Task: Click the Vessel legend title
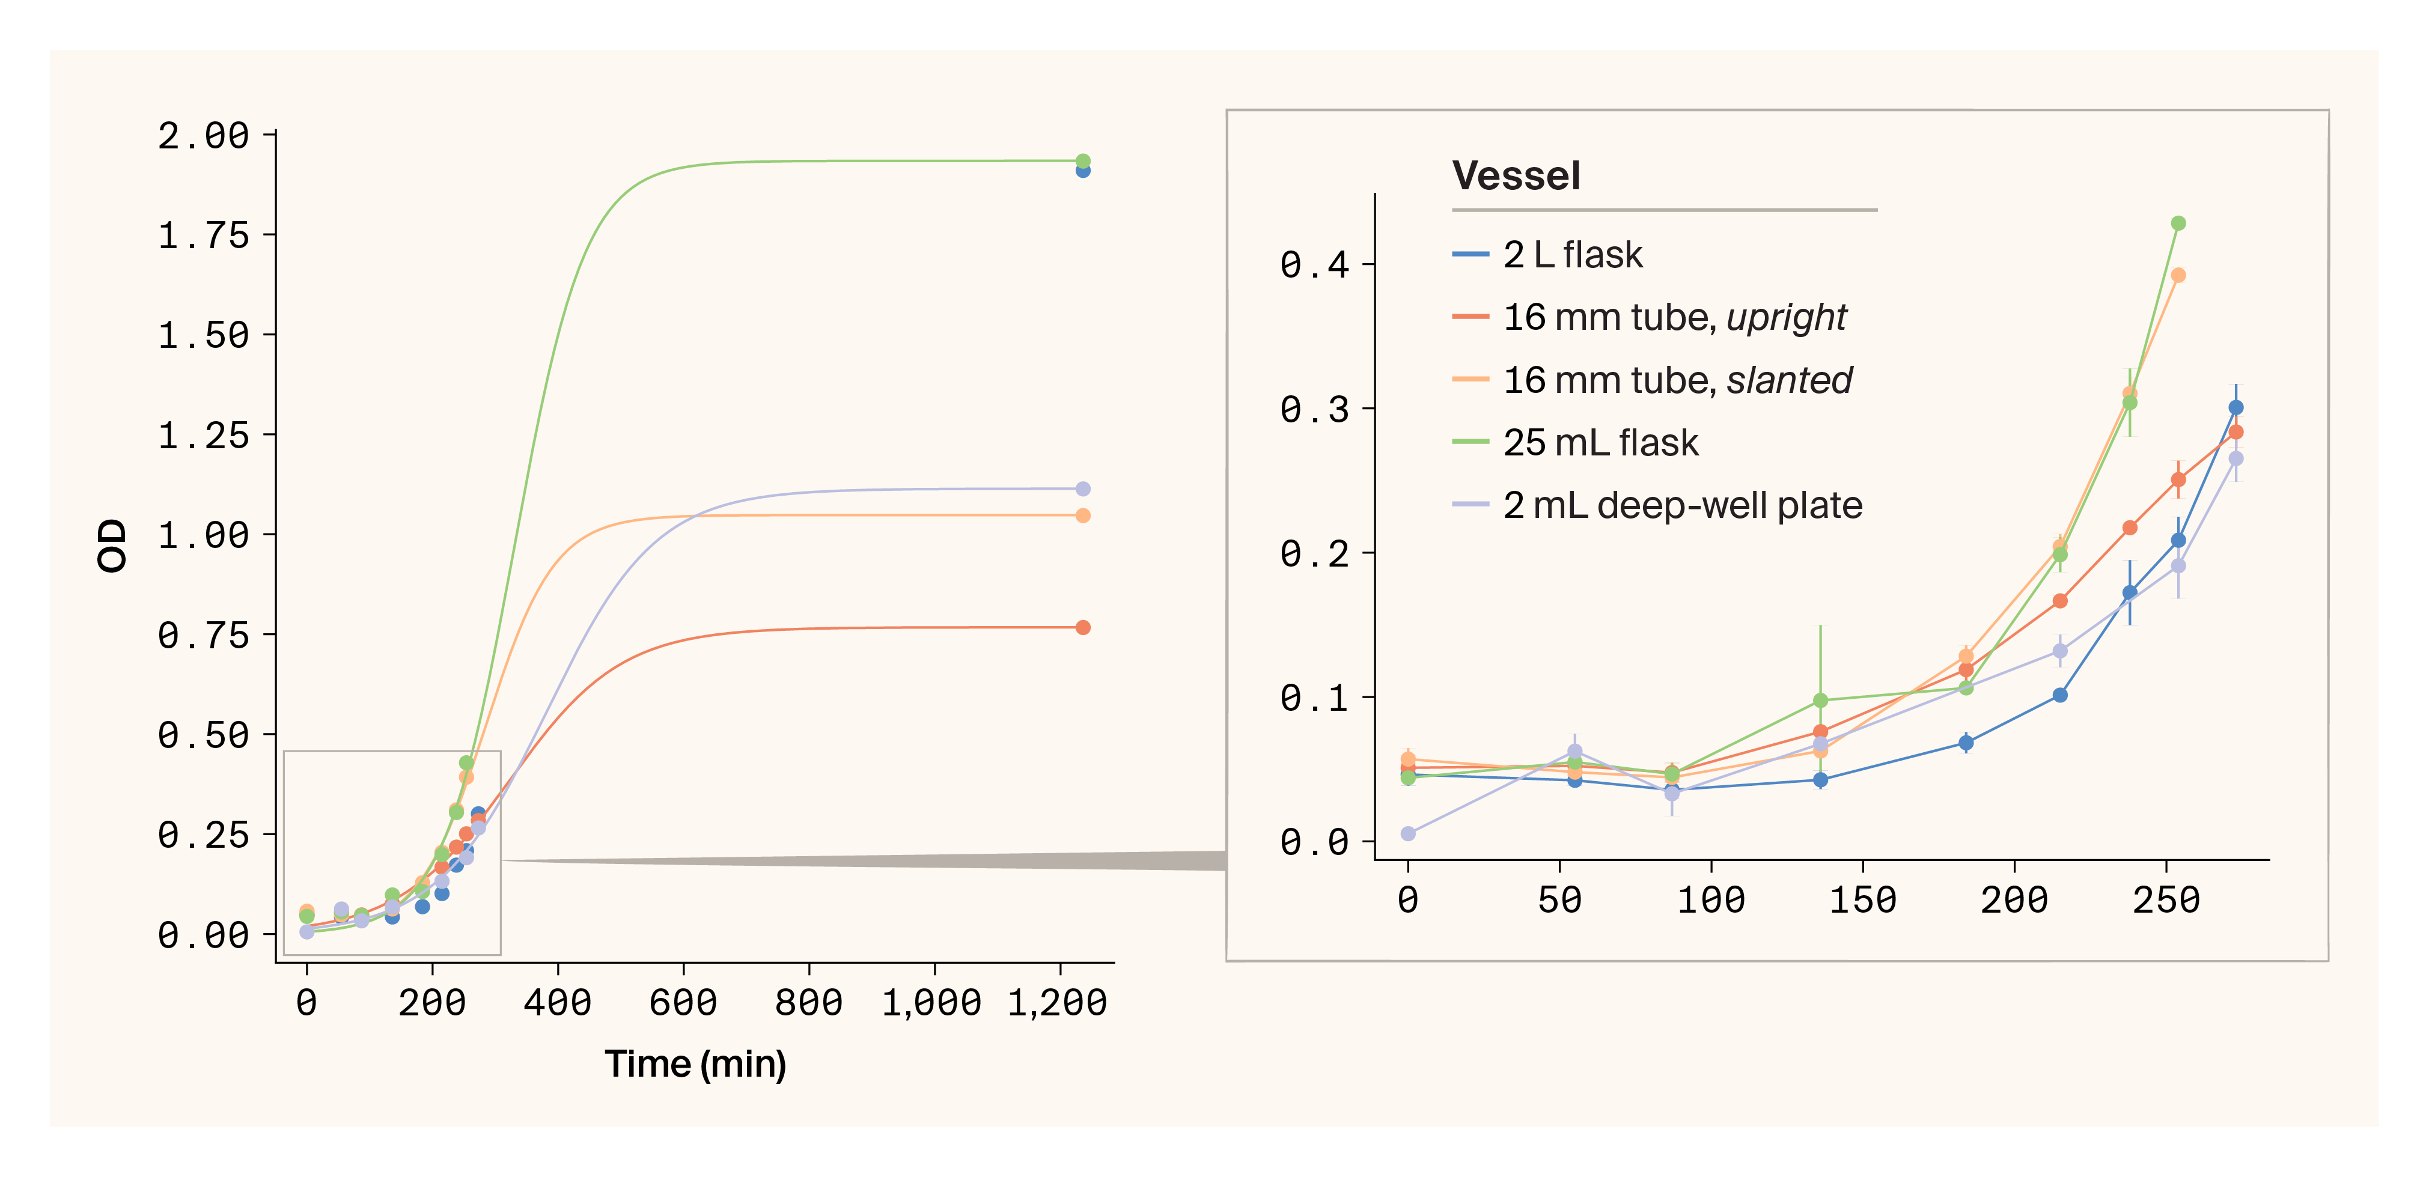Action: pyautogui.click(x=1516, y=175)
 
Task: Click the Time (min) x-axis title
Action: pyautogui.click(x=695, y=1064)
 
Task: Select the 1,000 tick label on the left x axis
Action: pyautogui.click(x=931, y=1003)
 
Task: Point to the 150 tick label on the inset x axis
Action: pyautogui.click(x=1862, y=901)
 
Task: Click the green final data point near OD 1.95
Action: pyautogui.click(x=1082, y=161)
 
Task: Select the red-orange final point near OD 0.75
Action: pyautogui.click(x=1082, y=627)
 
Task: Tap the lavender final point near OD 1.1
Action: pyautogui.click(x=1082, y=488)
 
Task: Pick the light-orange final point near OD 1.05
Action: pyautogui.click(x=1082, y=515)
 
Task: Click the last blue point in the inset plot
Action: pyautogui.click(x=2235, y=407)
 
